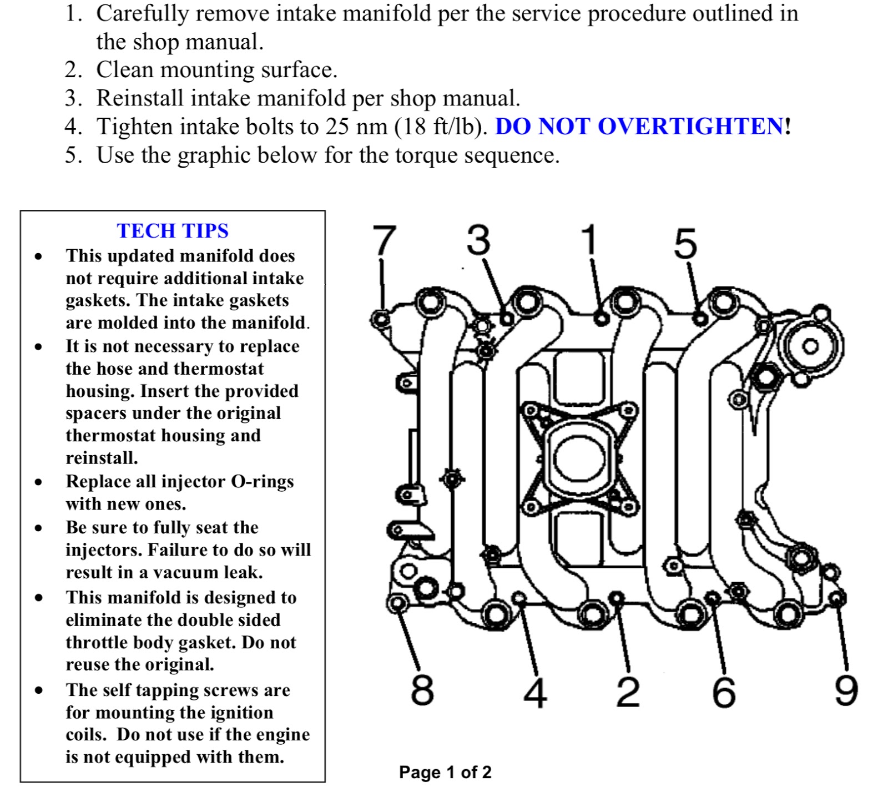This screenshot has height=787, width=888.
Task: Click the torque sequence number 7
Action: click(x=384, y=240)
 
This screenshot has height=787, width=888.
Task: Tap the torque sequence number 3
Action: click(x=478, y=240)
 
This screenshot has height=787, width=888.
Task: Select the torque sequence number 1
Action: click(x=589, y=239)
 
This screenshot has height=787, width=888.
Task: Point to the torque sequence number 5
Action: click(x=685, y=244)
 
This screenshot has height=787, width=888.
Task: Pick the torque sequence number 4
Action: click(x=536, y=692)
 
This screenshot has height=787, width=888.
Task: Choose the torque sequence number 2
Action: click(x=628, y=692)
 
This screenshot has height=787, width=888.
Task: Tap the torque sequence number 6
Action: click(x=724, y=692)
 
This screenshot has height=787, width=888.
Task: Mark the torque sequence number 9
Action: click(x=846, y=690)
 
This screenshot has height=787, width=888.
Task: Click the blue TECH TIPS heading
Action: click(x=173, y=231)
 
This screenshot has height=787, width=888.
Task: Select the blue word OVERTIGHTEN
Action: click(x=690, y=127)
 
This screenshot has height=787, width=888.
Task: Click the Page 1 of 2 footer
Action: click(x=445, y=772)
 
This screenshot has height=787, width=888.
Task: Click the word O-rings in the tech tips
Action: click(x=262, y=481)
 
